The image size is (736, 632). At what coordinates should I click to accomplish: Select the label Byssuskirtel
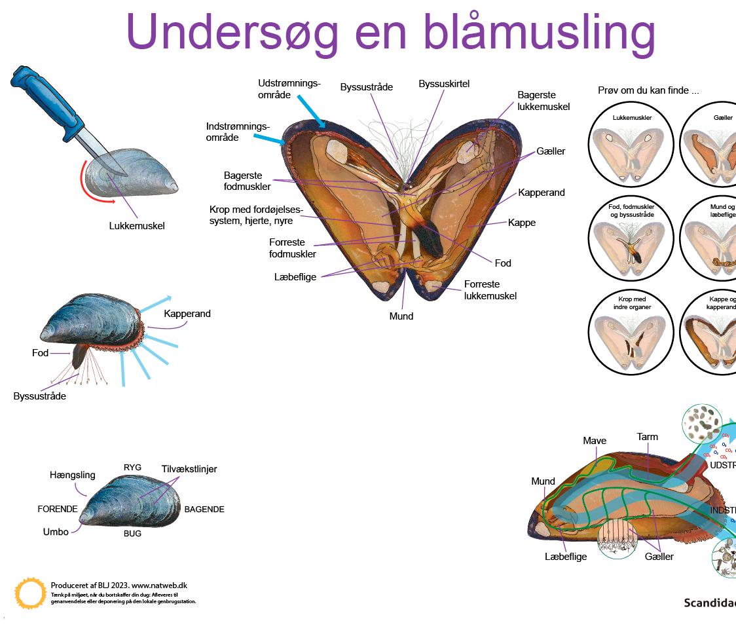[444, 84]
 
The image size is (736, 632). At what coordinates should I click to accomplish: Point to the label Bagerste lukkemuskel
[543, 101]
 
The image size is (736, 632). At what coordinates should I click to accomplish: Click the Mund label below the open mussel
[401, 316]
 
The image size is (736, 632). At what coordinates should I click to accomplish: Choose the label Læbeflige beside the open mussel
[295, 277]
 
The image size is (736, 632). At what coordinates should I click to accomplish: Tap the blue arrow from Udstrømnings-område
[312, 111]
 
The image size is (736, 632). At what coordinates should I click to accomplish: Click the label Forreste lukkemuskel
[490, 290]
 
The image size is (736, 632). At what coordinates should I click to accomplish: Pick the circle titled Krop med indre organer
[632, 333]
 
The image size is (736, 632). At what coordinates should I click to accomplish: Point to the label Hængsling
[72, 475]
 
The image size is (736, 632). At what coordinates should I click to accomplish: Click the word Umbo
[56, 532]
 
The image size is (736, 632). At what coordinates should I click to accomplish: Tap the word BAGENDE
[204, 509]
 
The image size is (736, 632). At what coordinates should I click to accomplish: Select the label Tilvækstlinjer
[189, 469]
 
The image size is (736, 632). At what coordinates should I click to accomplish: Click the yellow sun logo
[30, 593]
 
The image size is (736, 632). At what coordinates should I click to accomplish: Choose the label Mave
[595, 441]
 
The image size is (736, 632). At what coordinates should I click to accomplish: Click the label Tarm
[647, 437]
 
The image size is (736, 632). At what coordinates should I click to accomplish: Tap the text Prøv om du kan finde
[648, 90]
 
